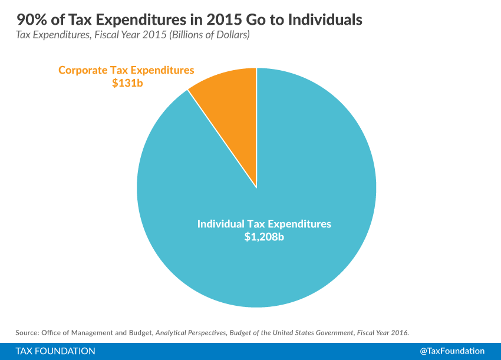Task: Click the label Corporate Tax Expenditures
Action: pos(126,70)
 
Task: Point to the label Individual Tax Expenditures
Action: pos(264,224)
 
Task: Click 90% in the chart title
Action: pos(29,20)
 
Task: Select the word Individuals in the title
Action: pos(327,20)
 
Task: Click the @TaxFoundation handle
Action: pos(453,351)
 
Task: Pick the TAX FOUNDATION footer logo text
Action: pos(56,351)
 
